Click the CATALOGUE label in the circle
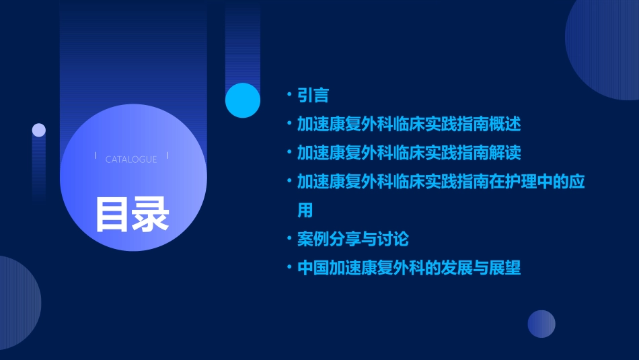[131, 159]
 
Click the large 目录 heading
[132, 213]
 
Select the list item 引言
[313, 95]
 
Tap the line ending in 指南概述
[409, 124]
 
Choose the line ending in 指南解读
[409, 153]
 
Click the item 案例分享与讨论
[353, 239]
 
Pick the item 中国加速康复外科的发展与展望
[409, 268]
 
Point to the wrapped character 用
[305, 210]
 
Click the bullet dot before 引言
[289, 95]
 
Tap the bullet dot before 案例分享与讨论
[289, 239]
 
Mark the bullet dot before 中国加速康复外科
[289, 268]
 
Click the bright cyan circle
[243, 100]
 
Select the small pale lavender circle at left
[39, 130]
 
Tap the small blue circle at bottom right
[541, 324]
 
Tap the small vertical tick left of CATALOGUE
[96, 155]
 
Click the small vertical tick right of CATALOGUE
[167, 155]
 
